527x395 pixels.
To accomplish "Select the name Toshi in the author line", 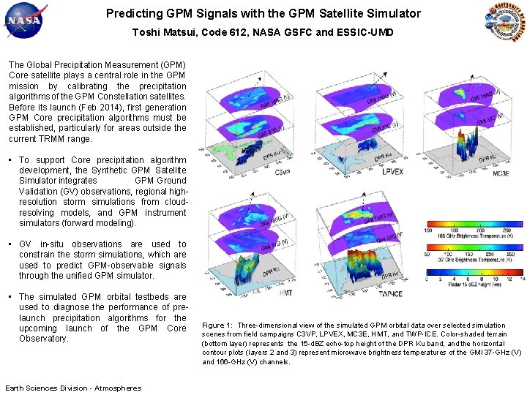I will tap(145, 32).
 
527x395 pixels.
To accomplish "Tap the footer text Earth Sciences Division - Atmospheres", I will tap(73, 388).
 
